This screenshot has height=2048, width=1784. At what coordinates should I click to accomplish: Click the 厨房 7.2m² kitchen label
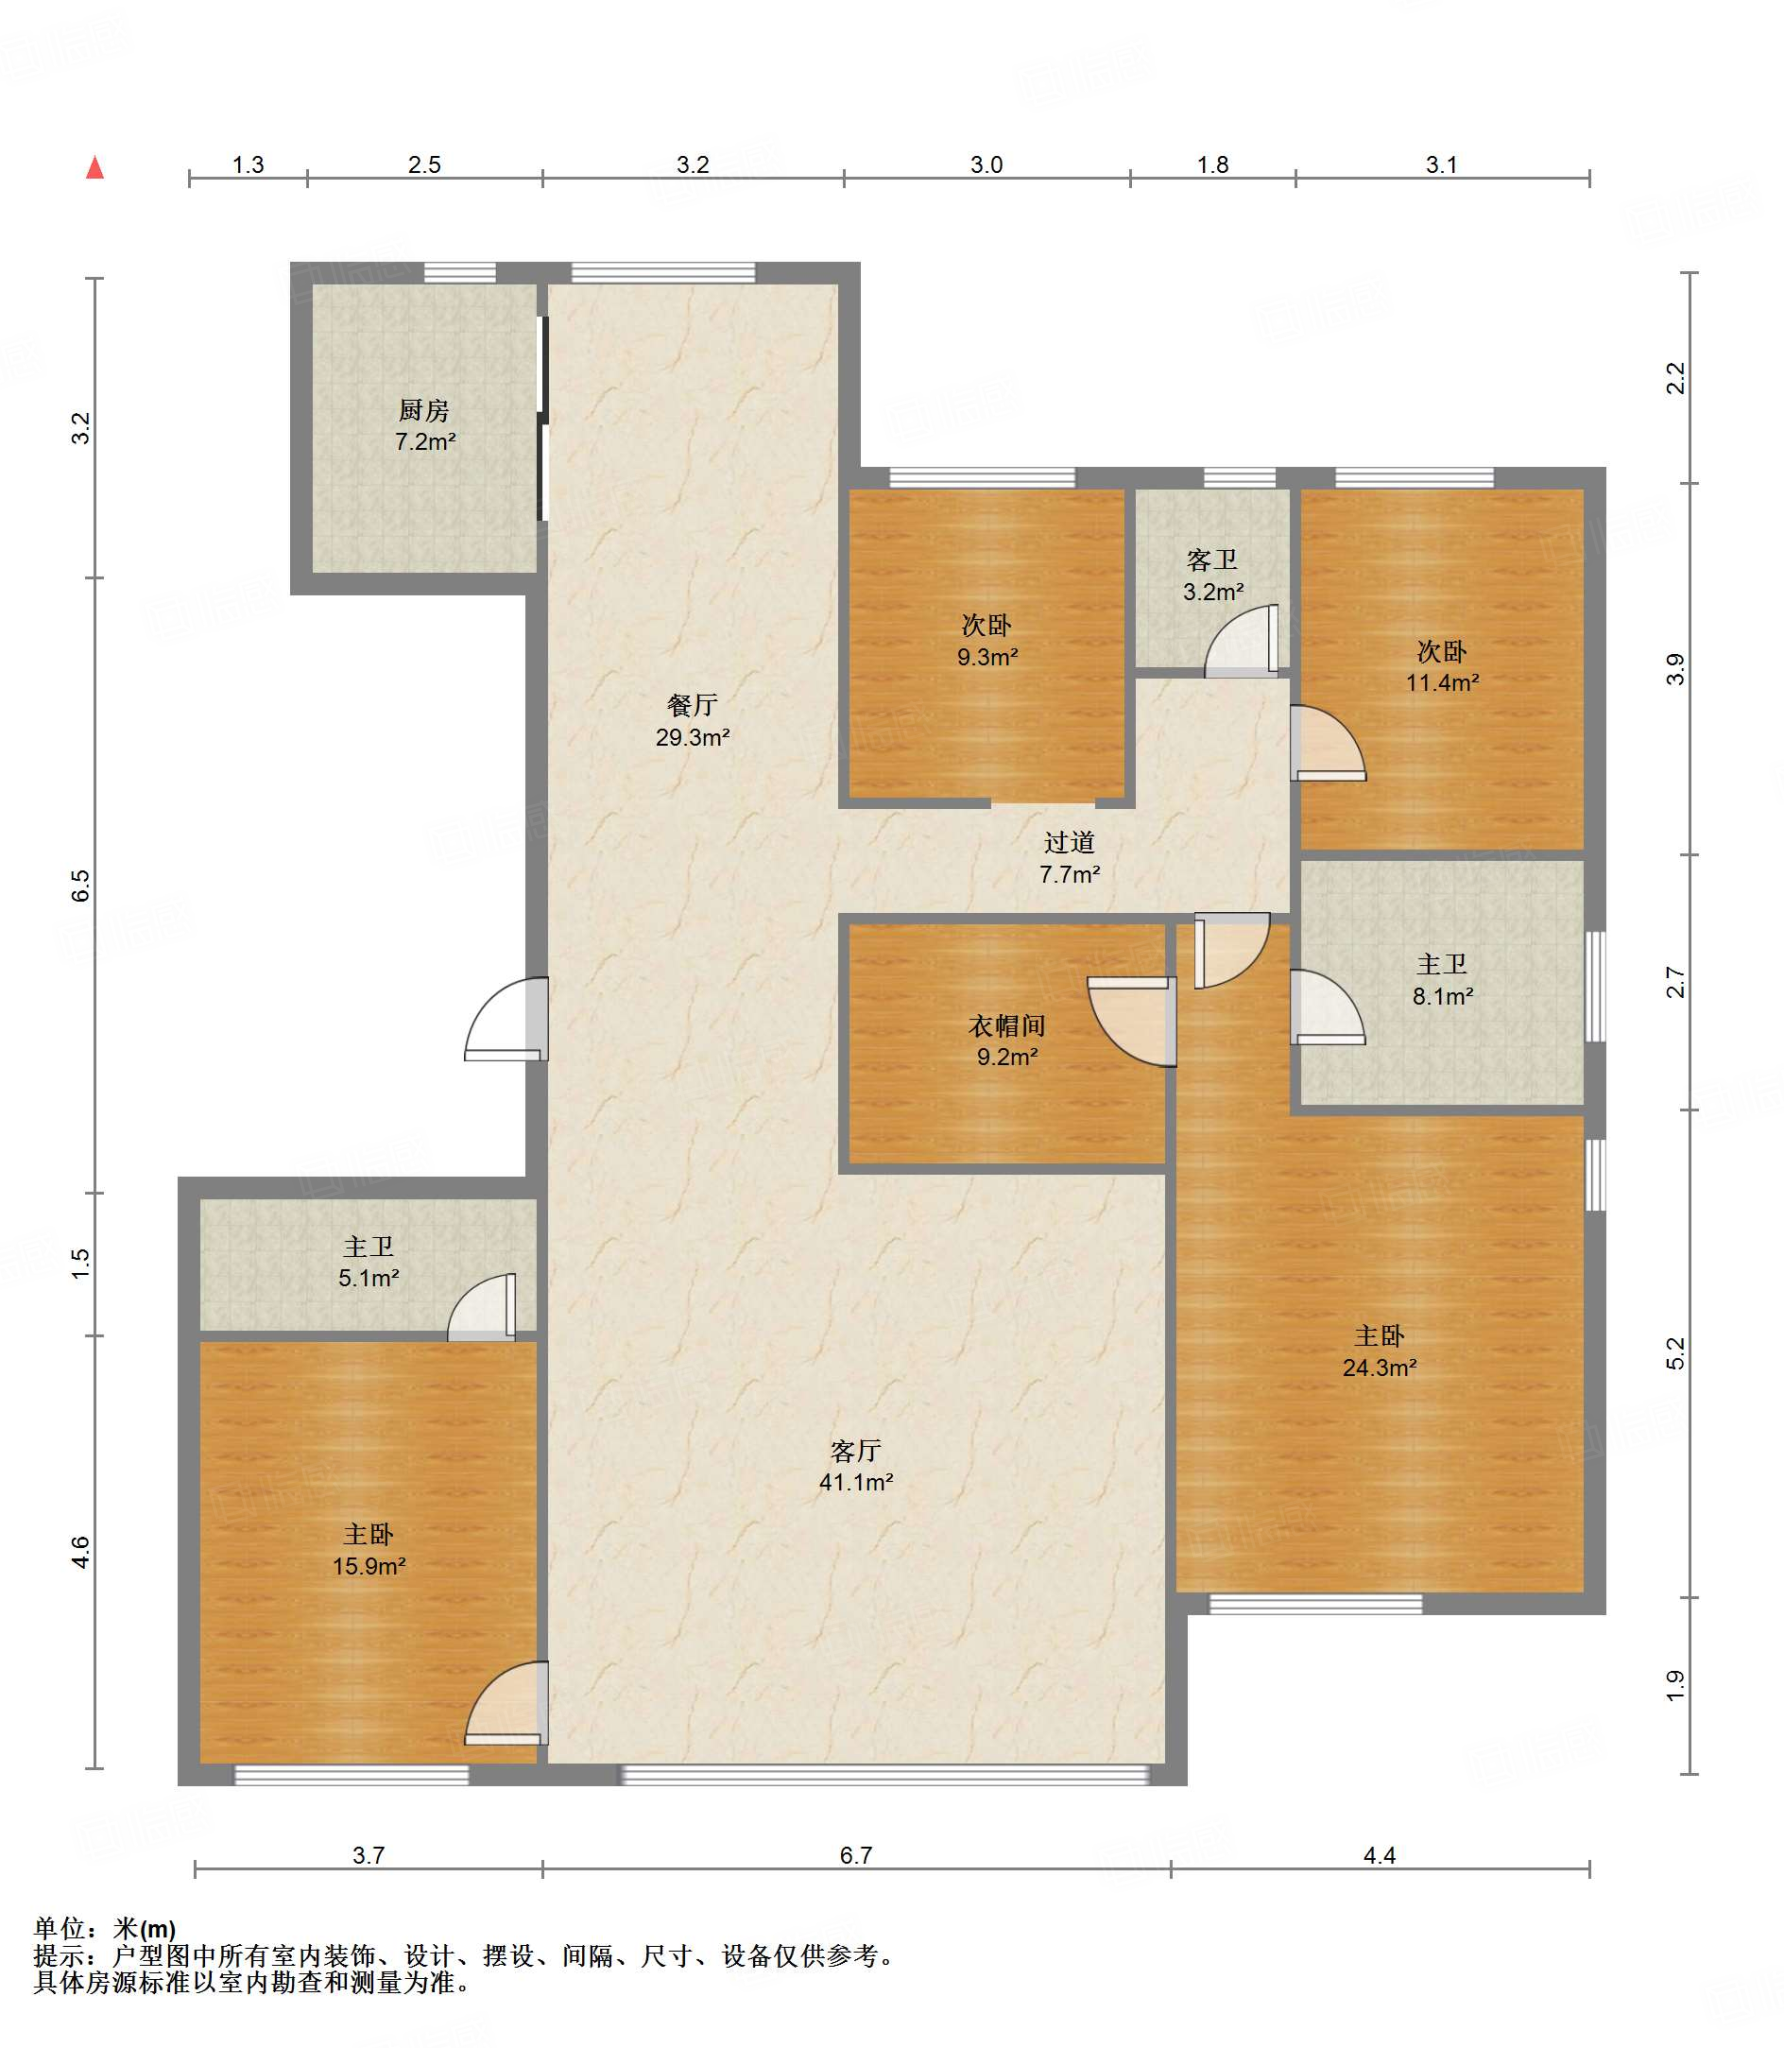click(x=425, y=425)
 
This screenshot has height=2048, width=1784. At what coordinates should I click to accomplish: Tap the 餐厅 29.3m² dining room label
click(x=692, y=721)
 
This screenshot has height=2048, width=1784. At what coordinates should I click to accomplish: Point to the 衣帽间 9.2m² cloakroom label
click(x=1007, y=1040)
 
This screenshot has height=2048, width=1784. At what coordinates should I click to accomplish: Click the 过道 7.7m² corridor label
click(x=1069, y=858)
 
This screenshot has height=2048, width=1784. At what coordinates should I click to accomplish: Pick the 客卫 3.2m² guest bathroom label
click(x=1213, y=576)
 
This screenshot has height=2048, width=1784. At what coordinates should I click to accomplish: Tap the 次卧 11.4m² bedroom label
click(x=1442, y=667)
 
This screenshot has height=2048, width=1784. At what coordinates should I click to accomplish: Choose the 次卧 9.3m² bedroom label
click(x=987, y=641)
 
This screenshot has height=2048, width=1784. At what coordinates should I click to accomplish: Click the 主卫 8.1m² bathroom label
click(x=1442, y=980)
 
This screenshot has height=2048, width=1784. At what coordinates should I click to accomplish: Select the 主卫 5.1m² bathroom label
click(x=369, y=1262)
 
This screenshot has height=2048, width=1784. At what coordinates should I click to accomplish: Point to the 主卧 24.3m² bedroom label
click(x=1379, y=1352)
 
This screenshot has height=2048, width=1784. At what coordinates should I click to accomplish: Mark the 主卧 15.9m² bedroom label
click(x=369, y=1550)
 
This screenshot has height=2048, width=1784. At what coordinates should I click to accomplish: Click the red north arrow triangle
click(x=95, y=167)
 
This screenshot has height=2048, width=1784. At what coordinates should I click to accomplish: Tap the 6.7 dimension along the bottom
click(x=856, y=1856)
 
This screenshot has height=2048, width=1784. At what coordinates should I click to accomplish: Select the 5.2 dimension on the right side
click(x=1676, y=1354)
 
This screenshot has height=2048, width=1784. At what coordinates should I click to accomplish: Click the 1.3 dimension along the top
click(x=248, y=165)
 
